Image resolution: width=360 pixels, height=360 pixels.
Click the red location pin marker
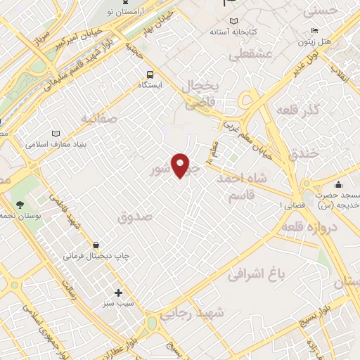point(181,165)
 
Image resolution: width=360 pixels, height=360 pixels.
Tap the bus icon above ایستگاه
point(150,75)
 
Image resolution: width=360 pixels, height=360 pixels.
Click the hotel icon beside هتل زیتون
point(314,30)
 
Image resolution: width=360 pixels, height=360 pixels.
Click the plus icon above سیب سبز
point(118,292)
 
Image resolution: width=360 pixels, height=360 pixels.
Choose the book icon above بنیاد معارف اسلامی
point(56,134)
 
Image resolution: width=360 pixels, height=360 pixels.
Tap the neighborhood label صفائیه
point(98,119)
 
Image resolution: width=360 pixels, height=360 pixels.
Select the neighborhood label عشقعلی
point(244,55)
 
